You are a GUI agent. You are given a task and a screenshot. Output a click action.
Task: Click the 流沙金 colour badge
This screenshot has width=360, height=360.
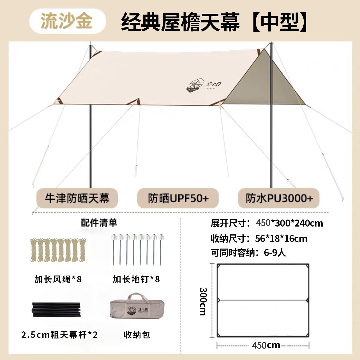coord(68,21)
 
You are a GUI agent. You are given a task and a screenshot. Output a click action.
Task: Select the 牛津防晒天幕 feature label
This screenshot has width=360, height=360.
coord(77,198)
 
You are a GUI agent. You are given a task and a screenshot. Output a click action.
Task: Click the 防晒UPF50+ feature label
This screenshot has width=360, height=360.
coord(178,198)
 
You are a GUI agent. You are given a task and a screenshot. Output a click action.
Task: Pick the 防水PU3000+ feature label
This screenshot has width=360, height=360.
coord(279,198)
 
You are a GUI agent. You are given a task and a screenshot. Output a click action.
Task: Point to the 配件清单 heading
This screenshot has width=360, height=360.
coord(99,223)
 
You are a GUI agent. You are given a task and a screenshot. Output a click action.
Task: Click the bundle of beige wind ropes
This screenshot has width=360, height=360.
coord(58,250)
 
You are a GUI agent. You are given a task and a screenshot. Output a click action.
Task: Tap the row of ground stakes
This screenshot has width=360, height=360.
coord(137,249)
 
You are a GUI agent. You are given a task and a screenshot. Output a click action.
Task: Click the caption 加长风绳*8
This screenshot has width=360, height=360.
coord(58,279)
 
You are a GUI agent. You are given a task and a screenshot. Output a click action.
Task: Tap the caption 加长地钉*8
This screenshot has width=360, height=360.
coord(136,279)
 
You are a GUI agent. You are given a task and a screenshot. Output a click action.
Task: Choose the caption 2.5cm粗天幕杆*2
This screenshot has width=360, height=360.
coord(59,335)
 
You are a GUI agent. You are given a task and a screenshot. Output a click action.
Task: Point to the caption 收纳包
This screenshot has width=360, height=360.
coord(137,335)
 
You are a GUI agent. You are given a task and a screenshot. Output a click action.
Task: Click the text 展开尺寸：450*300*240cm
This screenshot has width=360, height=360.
coord(267,223)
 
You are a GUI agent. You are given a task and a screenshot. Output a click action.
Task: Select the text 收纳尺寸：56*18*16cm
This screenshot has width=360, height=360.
coord(259,239)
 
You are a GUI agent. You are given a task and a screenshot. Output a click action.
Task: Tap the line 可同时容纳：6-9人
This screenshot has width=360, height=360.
coord(248,253)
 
